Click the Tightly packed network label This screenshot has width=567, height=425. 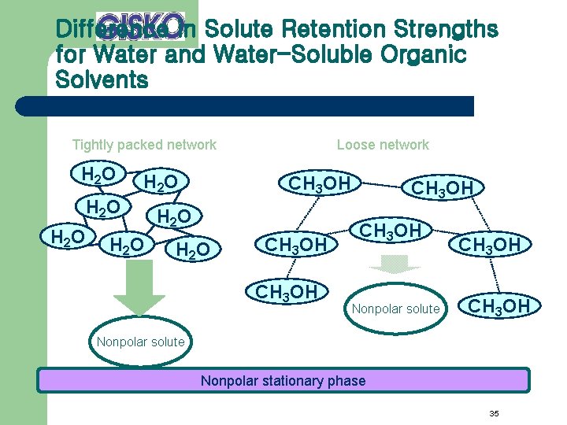[x=144, y=145]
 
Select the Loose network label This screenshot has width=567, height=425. [x=383, y=145]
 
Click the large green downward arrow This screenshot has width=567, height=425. [x=139, y=290]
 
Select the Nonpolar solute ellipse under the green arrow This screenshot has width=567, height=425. [x=139, y=342]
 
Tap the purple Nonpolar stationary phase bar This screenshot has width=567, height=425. [x=283, y=381]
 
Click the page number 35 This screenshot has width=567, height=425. [x=495, y=413]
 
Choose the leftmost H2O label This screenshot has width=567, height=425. [x=68, y=235]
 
